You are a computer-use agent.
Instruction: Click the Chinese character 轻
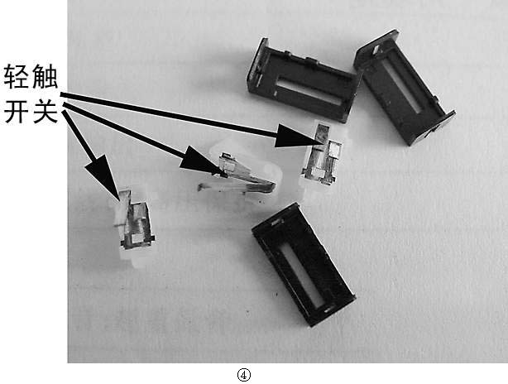pos(17,77)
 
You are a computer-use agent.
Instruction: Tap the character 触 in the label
pos(45,77)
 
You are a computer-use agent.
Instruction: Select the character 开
pos(17,112)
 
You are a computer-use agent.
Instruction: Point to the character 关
pos(45,112)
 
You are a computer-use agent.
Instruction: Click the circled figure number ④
pos(243,375)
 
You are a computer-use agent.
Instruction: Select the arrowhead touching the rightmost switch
pos(298,136)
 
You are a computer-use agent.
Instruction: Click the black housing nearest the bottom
pos(303,264)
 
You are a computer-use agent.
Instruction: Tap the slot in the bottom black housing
pos(303,276)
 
